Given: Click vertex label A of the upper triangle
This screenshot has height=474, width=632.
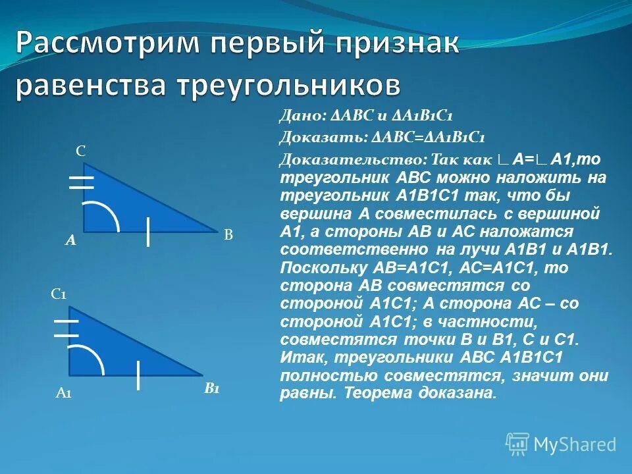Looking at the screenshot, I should (70, 242).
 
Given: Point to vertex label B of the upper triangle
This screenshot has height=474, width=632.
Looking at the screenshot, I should (228, 236).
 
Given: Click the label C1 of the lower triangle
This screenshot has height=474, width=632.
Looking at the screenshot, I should (59, 295).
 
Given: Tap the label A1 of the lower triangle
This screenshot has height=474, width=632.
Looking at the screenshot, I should (63, 394).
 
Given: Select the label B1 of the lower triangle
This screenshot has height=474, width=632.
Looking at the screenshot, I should (211, 389).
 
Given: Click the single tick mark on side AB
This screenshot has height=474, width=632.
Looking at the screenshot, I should (149, 231).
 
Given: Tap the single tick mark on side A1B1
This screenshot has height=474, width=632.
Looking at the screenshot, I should (138, 375).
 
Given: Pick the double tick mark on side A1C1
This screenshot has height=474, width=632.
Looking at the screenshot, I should (66, 328).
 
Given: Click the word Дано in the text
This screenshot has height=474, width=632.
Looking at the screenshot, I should (300, 116).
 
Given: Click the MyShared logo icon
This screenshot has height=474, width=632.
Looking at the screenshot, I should (517, 444).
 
